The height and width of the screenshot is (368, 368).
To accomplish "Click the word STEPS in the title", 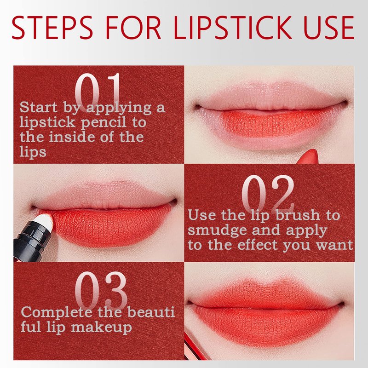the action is coord(52,28).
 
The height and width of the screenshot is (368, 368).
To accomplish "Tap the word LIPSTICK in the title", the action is coord(234,28).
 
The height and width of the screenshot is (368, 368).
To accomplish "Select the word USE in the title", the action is coord(329,28).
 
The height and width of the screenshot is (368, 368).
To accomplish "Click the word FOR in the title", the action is coord(133,28).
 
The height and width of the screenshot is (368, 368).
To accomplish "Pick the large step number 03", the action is coord(101,291).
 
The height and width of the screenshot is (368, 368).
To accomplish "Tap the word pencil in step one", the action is coord(104,123).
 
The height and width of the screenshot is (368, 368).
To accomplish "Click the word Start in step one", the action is coord(38,107).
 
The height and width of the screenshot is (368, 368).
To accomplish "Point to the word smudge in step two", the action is coord(217,231).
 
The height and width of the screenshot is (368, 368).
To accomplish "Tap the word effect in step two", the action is coord(258,245).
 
